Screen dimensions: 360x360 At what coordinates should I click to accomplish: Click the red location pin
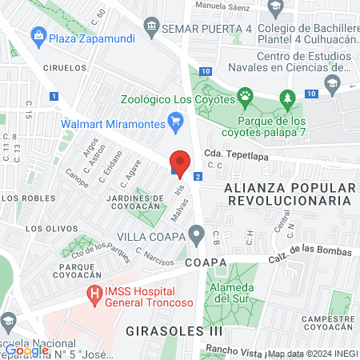(x=181, y=162)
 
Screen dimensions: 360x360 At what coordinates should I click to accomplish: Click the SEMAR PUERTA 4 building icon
(x=151, y=30)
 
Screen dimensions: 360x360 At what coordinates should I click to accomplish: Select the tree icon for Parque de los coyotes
(x=287, y=99)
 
